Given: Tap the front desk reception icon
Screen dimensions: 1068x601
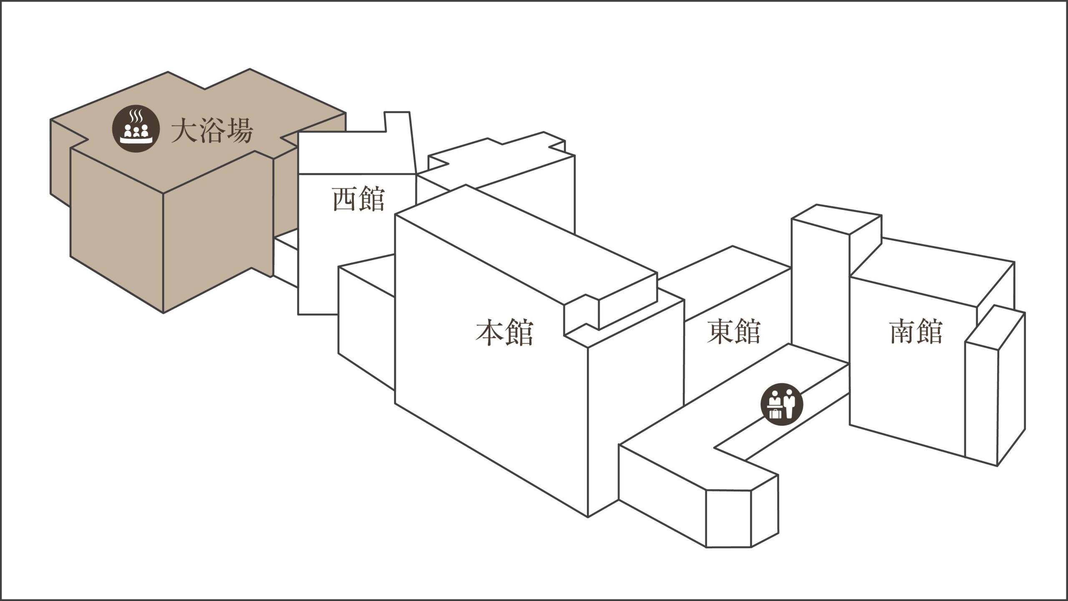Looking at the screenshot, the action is [781, 404].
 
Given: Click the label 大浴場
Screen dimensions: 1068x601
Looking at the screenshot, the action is [212, 131].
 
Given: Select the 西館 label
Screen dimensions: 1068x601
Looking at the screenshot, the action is [358, 199].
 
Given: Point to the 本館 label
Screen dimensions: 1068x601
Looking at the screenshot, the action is [504, 332].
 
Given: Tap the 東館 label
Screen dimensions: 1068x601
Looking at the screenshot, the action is [734, 331].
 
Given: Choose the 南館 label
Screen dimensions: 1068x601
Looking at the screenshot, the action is [916, 331].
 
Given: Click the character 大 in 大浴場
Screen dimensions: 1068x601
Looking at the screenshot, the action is [184, 131].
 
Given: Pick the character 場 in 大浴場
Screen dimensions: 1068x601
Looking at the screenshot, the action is [240, 131].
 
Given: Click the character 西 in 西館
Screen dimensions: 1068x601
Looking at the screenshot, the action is [345, 199].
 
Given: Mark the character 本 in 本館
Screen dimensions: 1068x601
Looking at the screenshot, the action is [489, 332].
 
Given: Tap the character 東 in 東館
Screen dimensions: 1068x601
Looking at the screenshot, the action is [720, 331].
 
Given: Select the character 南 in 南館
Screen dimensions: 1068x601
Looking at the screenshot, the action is [902, 331].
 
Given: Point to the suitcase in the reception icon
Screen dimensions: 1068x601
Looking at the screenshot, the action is [774, 414].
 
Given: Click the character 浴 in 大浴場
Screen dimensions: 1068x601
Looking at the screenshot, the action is [212, 131].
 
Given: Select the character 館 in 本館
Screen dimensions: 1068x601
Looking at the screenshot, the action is [519, 332].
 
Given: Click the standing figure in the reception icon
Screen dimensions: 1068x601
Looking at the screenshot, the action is [789, 404].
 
